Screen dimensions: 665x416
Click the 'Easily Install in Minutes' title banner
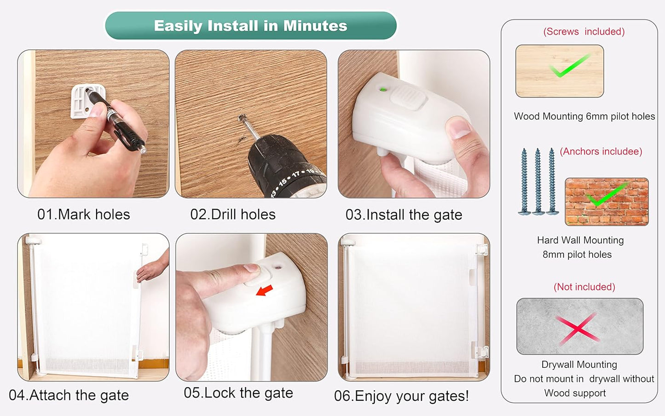point(251,25)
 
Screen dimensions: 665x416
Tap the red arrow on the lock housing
point(264,290)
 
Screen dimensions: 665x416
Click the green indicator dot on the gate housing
point(383,89)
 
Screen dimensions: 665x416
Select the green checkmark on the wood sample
point(569,65)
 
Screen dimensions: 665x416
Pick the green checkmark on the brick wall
point(607,195)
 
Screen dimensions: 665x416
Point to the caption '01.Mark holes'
point(84,214)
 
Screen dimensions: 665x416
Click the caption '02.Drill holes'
point(233,214)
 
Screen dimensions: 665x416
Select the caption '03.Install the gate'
point(404,215)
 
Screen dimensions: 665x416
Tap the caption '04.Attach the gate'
point(69,395)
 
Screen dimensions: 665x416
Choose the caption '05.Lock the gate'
point(238,393)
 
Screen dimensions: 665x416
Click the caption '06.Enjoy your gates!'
point(402,396)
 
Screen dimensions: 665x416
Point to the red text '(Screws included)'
point(584,31)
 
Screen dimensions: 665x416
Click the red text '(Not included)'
point(584,287)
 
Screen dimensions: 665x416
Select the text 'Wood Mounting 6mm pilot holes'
point(584,116)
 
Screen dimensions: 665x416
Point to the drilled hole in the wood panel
point(242,117)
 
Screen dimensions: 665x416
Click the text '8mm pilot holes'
point(577,255)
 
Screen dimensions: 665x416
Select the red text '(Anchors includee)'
point(601,151)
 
